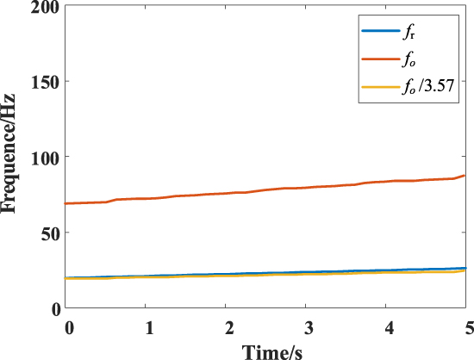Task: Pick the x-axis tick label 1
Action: (149, 328)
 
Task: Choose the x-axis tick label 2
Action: (229, 328)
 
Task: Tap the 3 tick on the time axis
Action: (309, 328)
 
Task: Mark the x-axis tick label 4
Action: (390, 328)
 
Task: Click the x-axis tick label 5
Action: (469, 328)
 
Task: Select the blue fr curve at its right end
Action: (464, 268)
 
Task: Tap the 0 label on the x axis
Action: (69, 328)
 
